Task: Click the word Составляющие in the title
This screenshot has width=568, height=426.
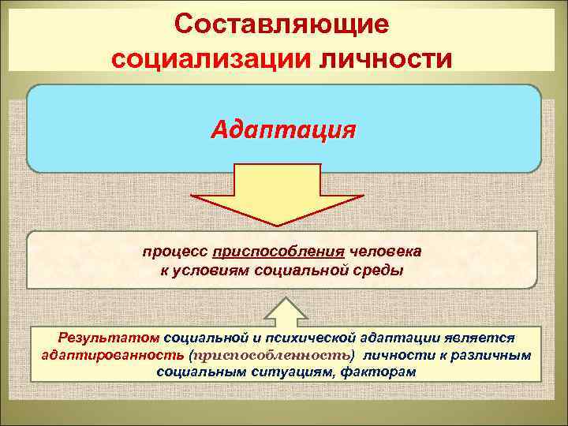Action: point(282,24)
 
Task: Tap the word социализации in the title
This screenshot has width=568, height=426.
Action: point(207,58)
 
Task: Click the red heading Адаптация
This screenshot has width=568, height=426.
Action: point(283,128)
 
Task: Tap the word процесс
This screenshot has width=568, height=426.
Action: point(176,252)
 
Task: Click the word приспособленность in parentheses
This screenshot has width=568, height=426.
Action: point(260,354)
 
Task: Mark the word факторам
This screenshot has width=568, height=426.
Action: point(375,372)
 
